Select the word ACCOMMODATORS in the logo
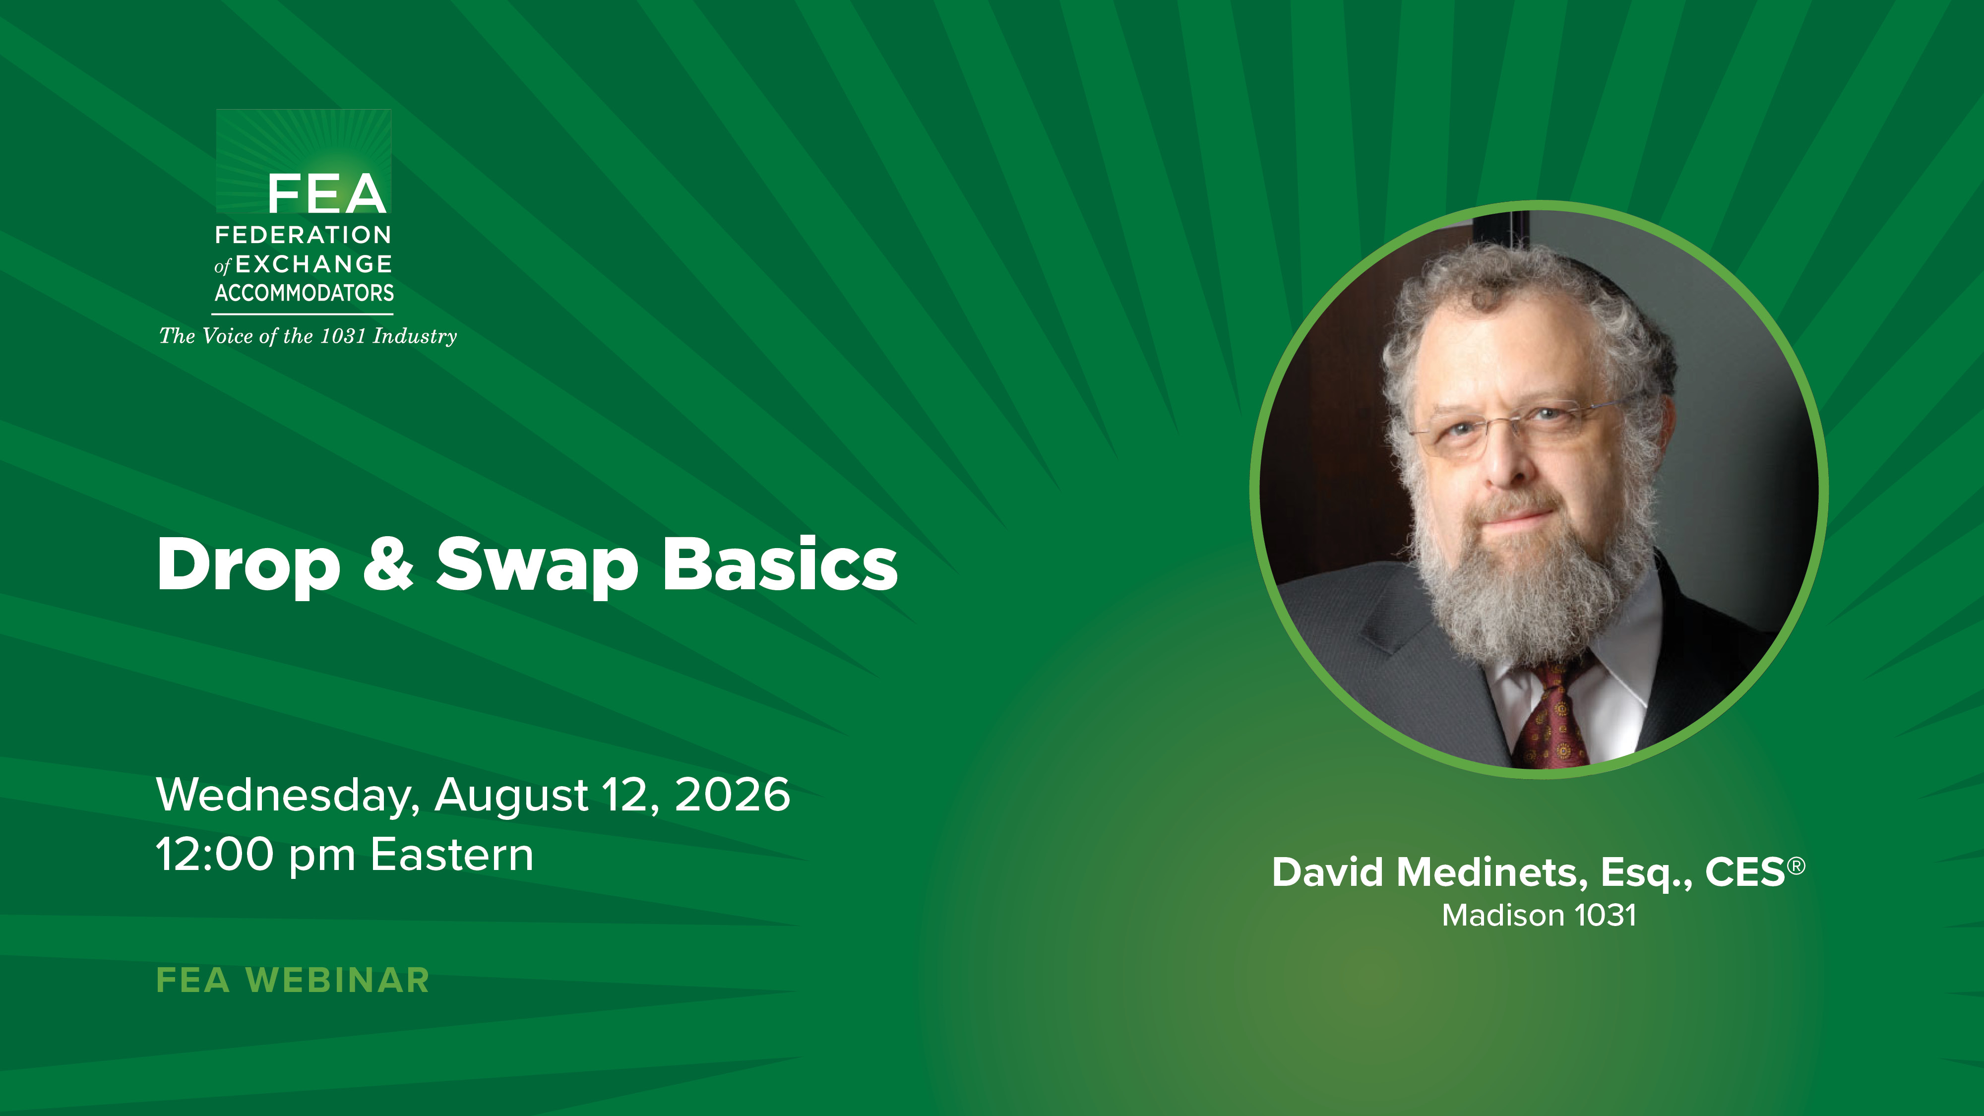point(304,293)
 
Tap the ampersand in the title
point(388,564)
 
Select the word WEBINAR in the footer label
point(337,981)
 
